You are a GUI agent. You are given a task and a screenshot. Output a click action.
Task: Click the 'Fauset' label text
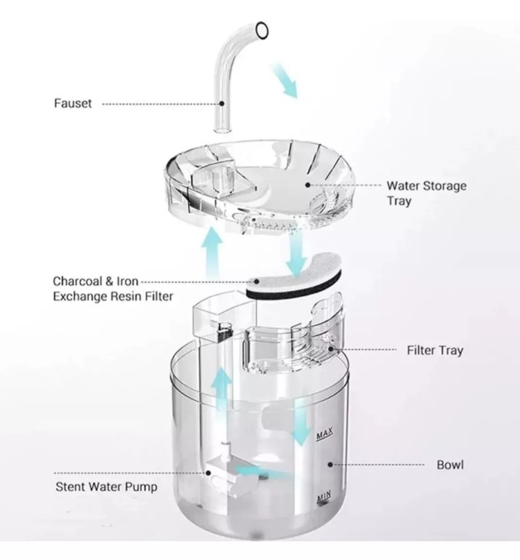click(73, 103)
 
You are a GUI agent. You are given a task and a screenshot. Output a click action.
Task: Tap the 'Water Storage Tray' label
click(426, 193)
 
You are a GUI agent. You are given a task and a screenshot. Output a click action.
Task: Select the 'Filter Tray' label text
click(435, 350)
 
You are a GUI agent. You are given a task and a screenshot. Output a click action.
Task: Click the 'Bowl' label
click(450, 465)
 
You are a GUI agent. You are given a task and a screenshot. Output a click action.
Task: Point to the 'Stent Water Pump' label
click(106, 487)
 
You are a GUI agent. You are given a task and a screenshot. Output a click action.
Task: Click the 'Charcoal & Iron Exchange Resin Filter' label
click(113, 289)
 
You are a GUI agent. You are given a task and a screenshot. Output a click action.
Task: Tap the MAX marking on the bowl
click(324, 433)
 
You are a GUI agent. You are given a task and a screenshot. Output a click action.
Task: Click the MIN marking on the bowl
click(324, 495)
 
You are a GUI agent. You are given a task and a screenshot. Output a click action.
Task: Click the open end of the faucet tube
click(262, 30)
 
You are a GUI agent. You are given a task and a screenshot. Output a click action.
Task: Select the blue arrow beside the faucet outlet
click(286, 80)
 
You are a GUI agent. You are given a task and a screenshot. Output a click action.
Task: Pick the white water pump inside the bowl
click(231, 471)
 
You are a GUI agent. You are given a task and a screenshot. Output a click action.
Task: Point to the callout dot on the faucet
click(222, 103)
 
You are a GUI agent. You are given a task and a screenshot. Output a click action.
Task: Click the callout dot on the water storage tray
click(308, 185)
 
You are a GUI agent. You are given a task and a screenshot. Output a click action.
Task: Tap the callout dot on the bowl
click(330, 464)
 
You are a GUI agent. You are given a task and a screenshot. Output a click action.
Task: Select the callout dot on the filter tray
click(330, 349)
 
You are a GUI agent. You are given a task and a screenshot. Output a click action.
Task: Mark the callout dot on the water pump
click(208, 473)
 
